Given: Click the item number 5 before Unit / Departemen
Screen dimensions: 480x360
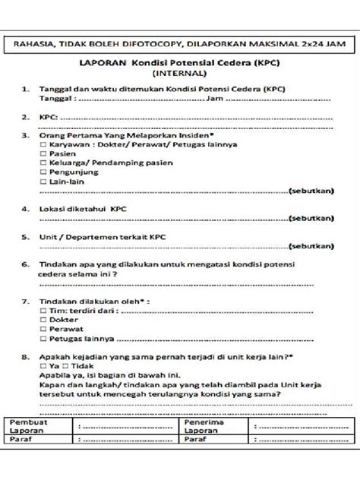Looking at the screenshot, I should pyautogui.click(x=25, y=237).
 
